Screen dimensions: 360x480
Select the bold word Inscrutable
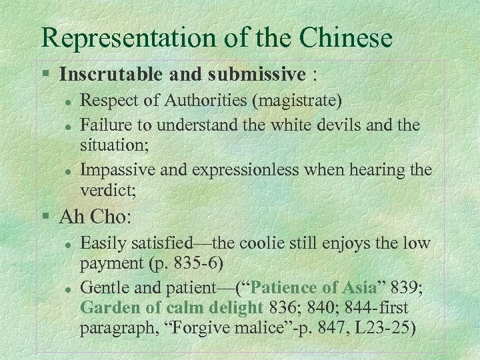(117, 75)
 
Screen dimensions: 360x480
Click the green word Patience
(291, 289)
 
